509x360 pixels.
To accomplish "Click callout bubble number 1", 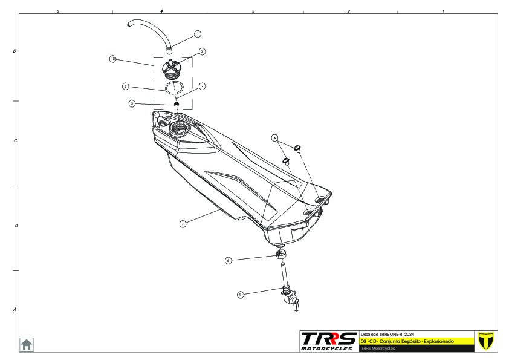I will [198, 34].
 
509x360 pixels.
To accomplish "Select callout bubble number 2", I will [203, 51].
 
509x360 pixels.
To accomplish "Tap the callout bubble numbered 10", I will [112, 59].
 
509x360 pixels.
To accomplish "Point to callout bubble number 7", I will [183, 223].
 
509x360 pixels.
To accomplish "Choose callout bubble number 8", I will [228, 260].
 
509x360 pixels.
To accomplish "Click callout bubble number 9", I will [240, 294].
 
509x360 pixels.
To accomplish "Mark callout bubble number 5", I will [132, 103].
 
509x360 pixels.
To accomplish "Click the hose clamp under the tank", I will [281, 254].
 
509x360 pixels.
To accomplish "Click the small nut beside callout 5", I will [176, 104].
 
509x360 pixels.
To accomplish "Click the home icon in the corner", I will [27, 344].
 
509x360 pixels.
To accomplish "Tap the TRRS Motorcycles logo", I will [329, 341].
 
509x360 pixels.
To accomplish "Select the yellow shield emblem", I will [485, 340].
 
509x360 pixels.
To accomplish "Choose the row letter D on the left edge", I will [15, 51].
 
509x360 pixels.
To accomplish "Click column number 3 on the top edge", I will [253, 11].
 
